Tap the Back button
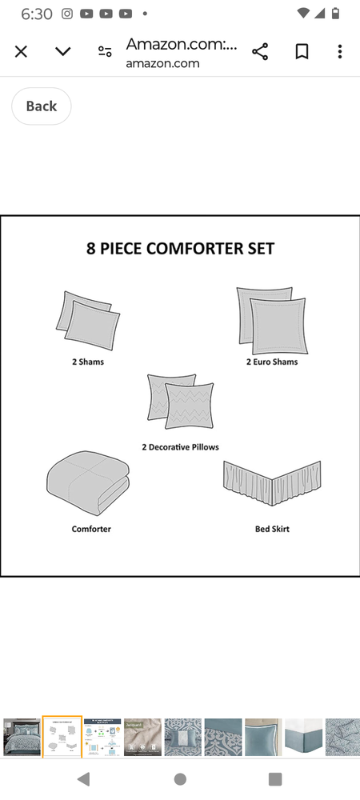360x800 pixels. point(42,106)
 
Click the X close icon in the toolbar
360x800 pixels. point(21,51)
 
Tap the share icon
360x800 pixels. point(260,51)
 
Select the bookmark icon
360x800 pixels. point(302,51)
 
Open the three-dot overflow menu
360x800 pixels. point(340,51)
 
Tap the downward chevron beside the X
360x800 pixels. point(62,51)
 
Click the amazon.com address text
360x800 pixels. point(162,64)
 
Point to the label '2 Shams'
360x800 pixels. point(88,362)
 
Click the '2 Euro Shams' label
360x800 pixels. point(272,362)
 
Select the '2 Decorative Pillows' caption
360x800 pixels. point(181,447)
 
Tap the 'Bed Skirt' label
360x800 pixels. point(272,529)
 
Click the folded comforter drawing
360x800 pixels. point(88,482)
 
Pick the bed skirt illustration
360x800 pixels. point(272,482)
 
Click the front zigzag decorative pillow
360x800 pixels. point(189,406)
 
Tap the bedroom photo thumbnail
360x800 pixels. point(22,738)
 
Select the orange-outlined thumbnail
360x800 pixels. point(62,737)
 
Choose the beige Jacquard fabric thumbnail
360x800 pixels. point(142,738)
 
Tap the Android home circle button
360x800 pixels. point(180,779)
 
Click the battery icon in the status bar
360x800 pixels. point(335,14)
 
